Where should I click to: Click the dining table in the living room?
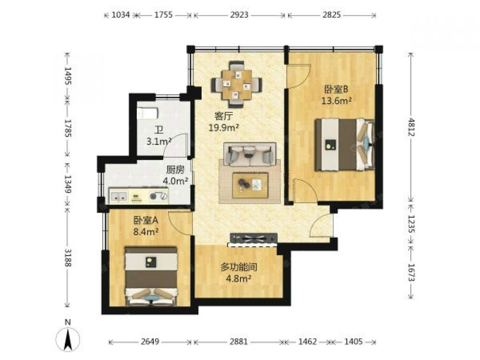click(236, 85)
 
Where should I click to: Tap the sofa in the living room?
click(249, 154)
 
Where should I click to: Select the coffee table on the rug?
click(250, 185)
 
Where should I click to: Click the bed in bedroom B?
click(344, 144)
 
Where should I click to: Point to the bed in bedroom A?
click(151, 276)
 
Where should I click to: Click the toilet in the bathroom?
click(147, 113)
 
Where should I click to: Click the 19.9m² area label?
click(224, 128)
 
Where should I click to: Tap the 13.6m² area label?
click(336, 100)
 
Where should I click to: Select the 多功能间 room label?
click(239, 267)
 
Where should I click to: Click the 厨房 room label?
click(175, 169)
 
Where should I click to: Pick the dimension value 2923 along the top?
click(239, 15)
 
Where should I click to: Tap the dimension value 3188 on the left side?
click(68, 258)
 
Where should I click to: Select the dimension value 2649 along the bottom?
click(150, 341)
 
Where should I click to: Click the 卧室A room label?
click(146, 220)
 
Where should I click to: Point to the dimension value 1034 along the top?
click(120, 15)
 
